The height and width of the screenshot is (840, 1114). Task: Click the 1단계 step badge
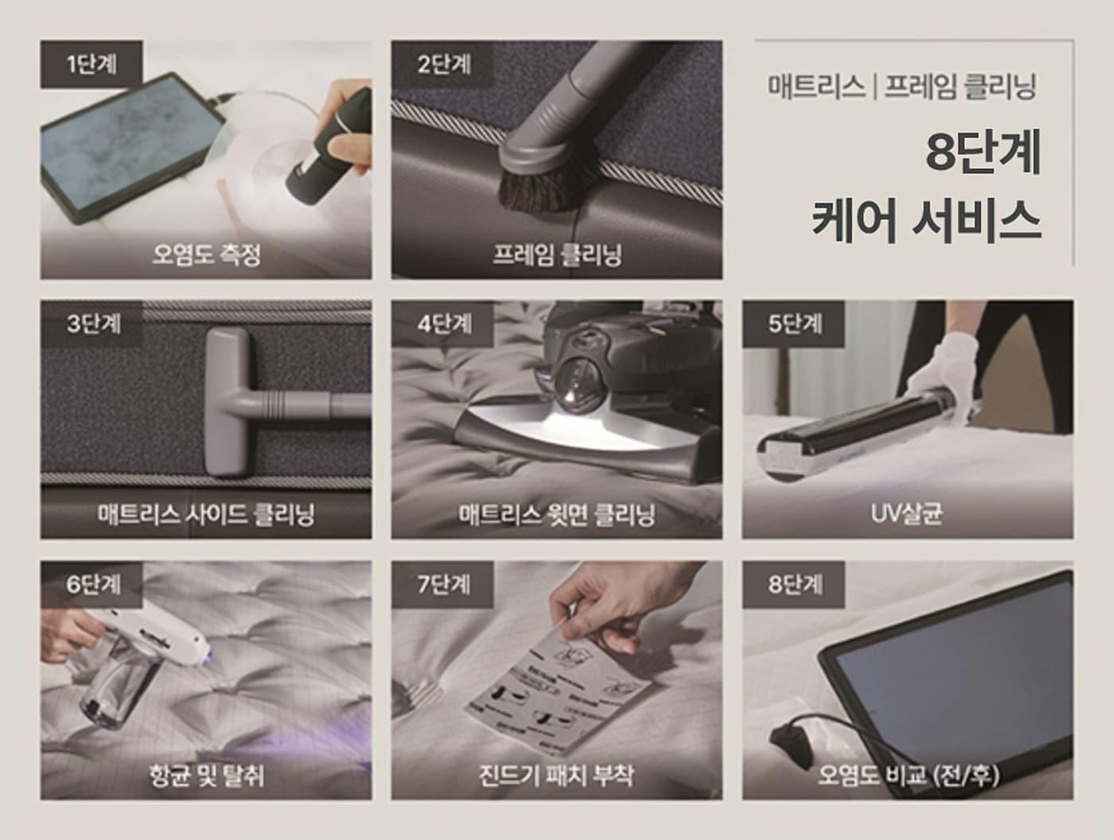[91, 64]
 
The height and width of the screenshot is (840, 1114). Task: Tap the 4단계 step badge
[443, 324]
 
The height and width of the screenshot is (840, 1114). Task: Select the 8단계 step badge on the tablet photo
[794, 585]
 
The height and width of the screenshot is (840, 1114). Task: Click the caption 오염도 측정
[206, 255]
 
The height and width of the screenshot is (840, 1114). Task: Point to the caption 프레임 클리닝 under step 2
[556, 255]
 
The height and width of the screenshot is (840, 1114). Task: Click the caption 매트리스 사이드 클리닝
[206, 515]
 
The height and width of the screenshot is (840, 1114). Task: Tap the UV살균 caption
[906, 514]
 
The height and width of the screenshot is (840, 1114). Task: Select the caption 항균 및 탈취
[206, 775]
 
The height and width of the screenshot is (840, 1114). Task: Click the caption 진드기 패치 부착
[556, 775]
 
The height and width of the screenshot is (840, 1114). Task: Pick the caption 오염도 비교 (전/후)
[908, 775]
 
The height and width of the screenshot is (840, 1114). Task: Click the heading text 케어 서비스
[926, 220]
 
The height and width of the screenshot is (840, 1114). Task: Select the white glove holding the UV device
[947, 366]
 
